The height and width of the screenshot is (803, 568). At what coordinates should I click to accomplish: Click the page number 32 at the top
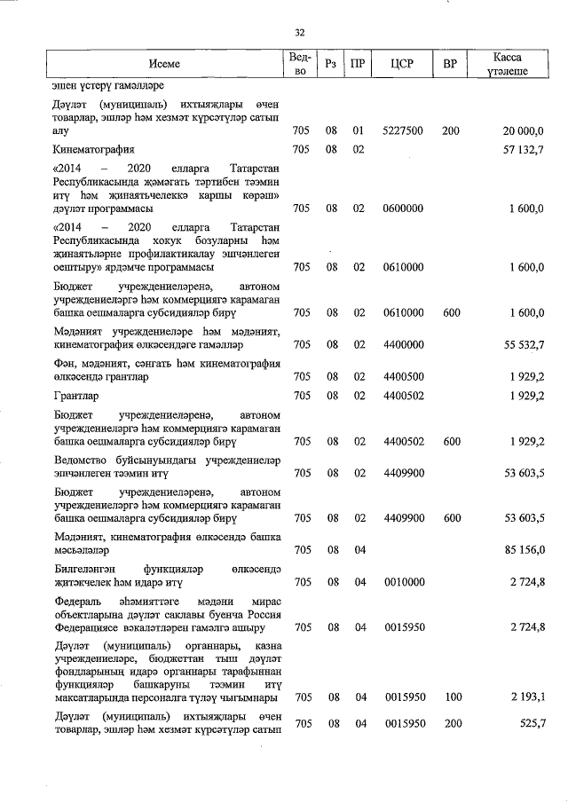coord(299,33)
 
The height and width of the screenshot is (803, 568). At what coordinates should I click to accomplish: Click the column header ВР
coord(450,64)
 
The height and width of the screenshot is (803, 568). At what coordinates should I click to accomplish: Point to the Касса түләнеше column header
coord(507,64)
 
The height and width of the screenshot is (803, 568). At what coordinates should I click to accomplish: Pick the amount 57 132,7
coord(523,149)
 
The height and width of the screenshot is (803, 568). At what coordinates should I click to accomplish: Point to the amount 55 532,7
coord(523,343)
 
